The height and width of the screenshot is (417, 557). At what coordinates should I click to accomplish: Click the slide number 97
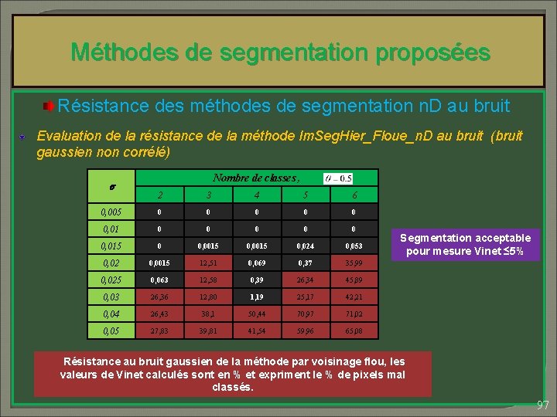(543, 405)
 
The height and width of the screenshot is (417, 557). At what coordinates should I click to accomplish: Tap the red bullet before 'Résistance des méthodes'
(48, 104)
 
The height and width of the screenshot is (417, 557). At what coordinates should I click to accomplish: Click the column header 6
(354, 195)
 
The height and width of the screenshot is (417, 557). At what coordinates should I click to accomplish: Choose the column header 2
(159, 195)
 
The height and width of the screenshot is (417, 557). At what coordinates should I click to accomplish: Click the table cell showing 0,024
(306, 246)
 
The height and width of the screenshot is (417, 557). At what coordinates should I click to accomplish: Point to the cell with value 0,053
(354, 246)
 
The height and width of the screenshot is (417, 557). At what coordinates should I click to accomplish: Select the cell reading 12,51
(208, 263)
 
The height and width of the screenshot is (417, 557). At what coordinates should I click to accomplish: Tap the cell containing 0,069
(257, 263)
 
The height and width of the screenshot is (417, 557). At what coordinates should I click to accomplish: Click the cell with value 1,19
(257, 297)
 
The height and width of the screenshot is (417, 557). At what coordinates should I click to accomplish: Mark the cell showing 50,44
(257, 314)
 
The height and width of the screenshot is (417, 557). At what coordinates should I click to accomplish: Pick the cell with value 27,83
(159, 332)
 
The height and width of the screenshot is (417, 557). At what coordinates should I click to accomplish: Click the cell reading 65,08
(354, 332)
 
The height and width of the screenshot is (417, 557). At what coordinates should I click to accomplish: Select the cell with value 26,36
(159, 297)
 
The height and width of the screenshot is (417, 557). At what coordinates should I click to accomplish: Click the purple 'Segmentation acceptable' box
(465, 245)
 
